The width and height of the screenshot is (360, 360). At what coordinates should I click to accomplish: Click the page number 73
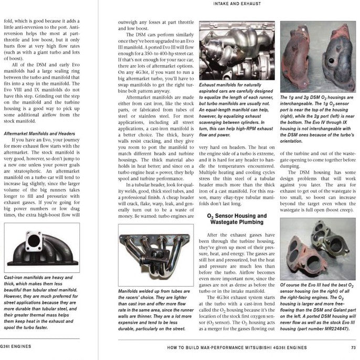coord(354,347)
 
